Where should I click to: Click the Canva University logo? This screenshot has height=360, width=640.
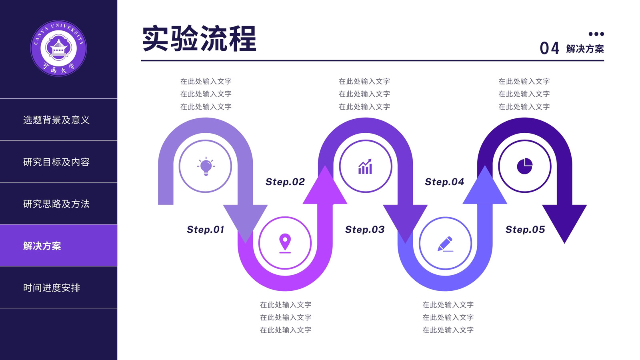click(x=58, y=48)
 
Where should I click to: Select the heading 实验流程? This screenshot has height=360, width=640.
click(x=199, y=38)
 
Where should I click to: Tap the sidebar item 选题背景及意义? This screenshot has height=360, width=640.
click(x=56, y=120)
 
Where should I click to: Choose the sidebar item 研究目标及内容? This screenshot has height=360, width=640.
click(x=56, y=162)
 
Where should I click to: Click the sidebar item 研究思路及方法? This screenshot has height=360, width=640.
click(x=56, y=204)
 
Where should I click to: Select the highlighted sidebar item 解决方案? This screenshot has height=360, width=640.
click(x=42, y=246)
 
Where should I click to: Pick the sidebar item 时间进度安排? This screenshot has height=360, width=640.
click(x=52, y=288)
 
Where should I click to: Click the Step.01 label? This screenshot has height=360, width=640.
click(x=206, y=230)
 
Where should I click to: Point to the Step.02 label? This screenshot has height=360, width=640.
click(x=285, y=182)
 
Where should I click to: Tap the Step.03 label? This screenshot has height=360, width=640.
click(x=365, y=230)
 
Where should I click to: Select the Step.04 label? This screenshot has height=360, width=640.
click(x=444, y=182)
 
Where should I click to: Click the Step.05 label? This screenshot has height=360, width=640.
click(x=525, y=230)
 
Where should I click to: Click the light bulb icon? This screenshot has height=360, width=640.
click(x=206, y=166)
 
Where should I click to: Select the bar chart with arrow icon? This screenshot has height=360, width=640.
click(x=365, y=166)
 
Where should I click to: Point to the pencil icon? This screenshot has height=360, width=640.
click(x=445, y=244)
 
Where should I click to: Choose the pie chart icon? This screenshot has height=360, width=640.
click(x=524, y=166)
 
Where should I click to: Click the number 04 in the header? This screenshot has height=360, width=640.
click(x=549, y=48)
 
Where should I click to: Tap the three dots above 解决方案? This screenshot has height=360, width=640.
click(x=596, y=34)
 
